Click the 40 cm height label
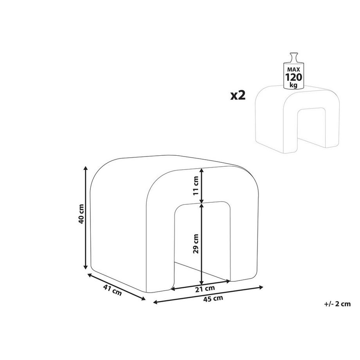pos(81,214)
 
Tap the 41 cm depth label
pos(112,290)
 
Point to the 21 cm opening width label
pos(205,289)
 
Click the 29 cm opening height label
pos(196,244)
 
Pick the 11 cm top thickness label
pos(196,185)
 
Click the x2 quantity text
pos(238,95)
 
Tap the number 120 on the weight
pos(293,77)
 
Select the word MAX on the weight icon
pos(293,70)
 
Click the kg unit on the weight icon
pos(293,85)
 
